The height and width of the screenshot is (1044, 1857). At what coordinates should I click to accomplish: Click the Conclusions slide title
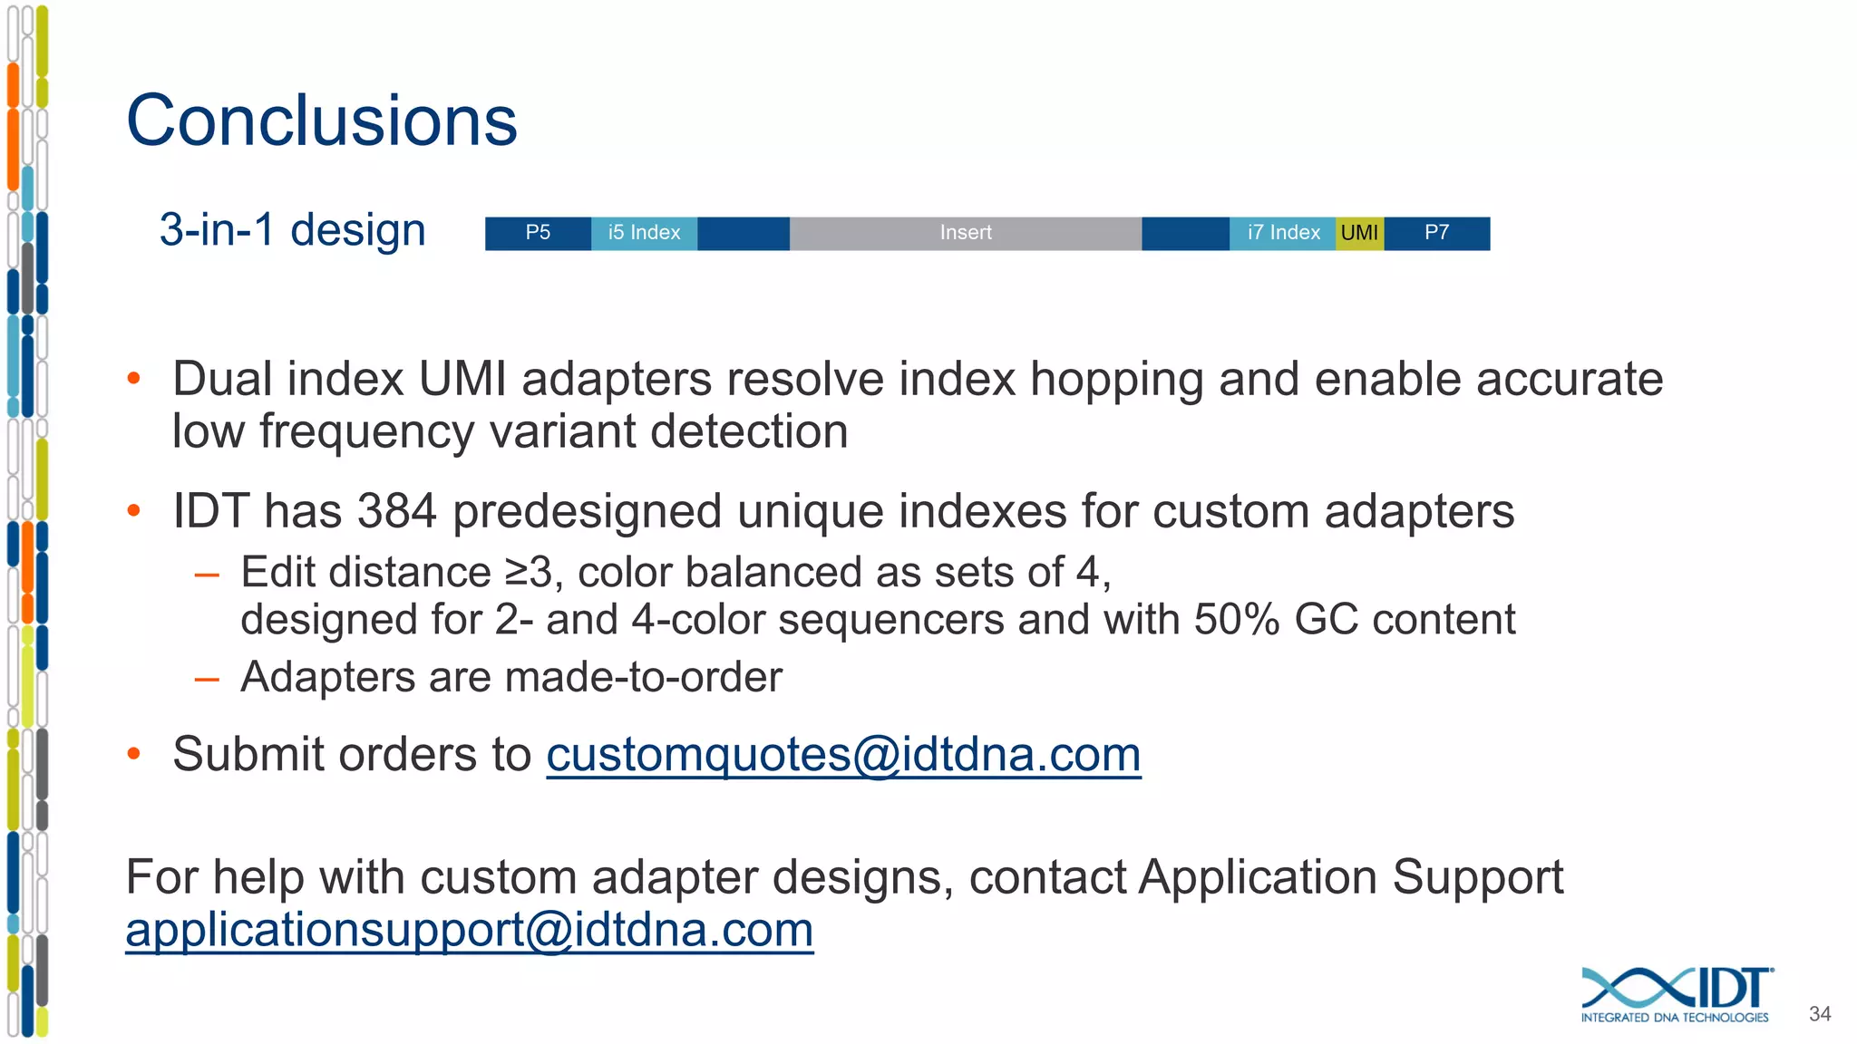(322, 121)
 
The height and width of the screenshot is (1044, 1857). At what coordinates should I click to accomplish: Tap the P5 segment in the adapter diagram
(538, 233)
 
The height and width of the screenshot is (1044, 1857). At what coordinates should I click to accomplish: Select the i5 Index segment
(644, 233)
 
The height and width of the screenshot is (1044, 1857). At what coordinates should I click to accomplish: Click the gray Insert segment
(965, 233)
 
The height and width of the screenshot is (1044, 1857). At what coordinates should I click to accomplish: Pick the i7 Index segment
(1282, 233)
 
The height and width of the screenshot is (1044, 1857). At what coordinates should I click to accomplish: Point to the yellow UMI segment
(1359, 233)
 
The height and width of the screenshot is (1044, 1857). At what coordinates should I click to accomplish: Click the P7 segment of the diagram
(1436, 233)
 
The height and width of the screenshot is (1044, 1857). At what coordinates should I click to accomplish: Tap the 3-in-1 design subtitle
(292, 229)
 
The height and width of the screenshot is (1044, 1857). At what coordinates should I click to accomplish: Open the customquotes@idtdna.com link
(843, 755)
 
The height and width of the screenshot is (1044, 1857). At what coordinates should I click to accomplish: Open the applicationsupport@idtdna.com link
(469, 930)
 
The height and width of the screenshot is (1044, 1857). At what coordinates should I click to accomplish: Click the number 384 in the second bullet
(396, 511)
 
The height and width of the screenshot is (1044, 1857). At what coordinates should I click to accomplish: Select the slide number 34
(1819, 1014)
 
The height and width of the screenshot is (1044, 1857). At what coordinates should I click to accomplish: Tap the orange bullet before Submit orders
(134, 754)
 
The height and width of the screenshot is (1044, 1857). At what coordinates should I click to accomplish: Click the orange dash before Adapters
(207, 678)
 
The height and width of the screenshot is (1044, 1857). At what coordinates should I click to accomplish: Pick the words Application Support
(1350, 877)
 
